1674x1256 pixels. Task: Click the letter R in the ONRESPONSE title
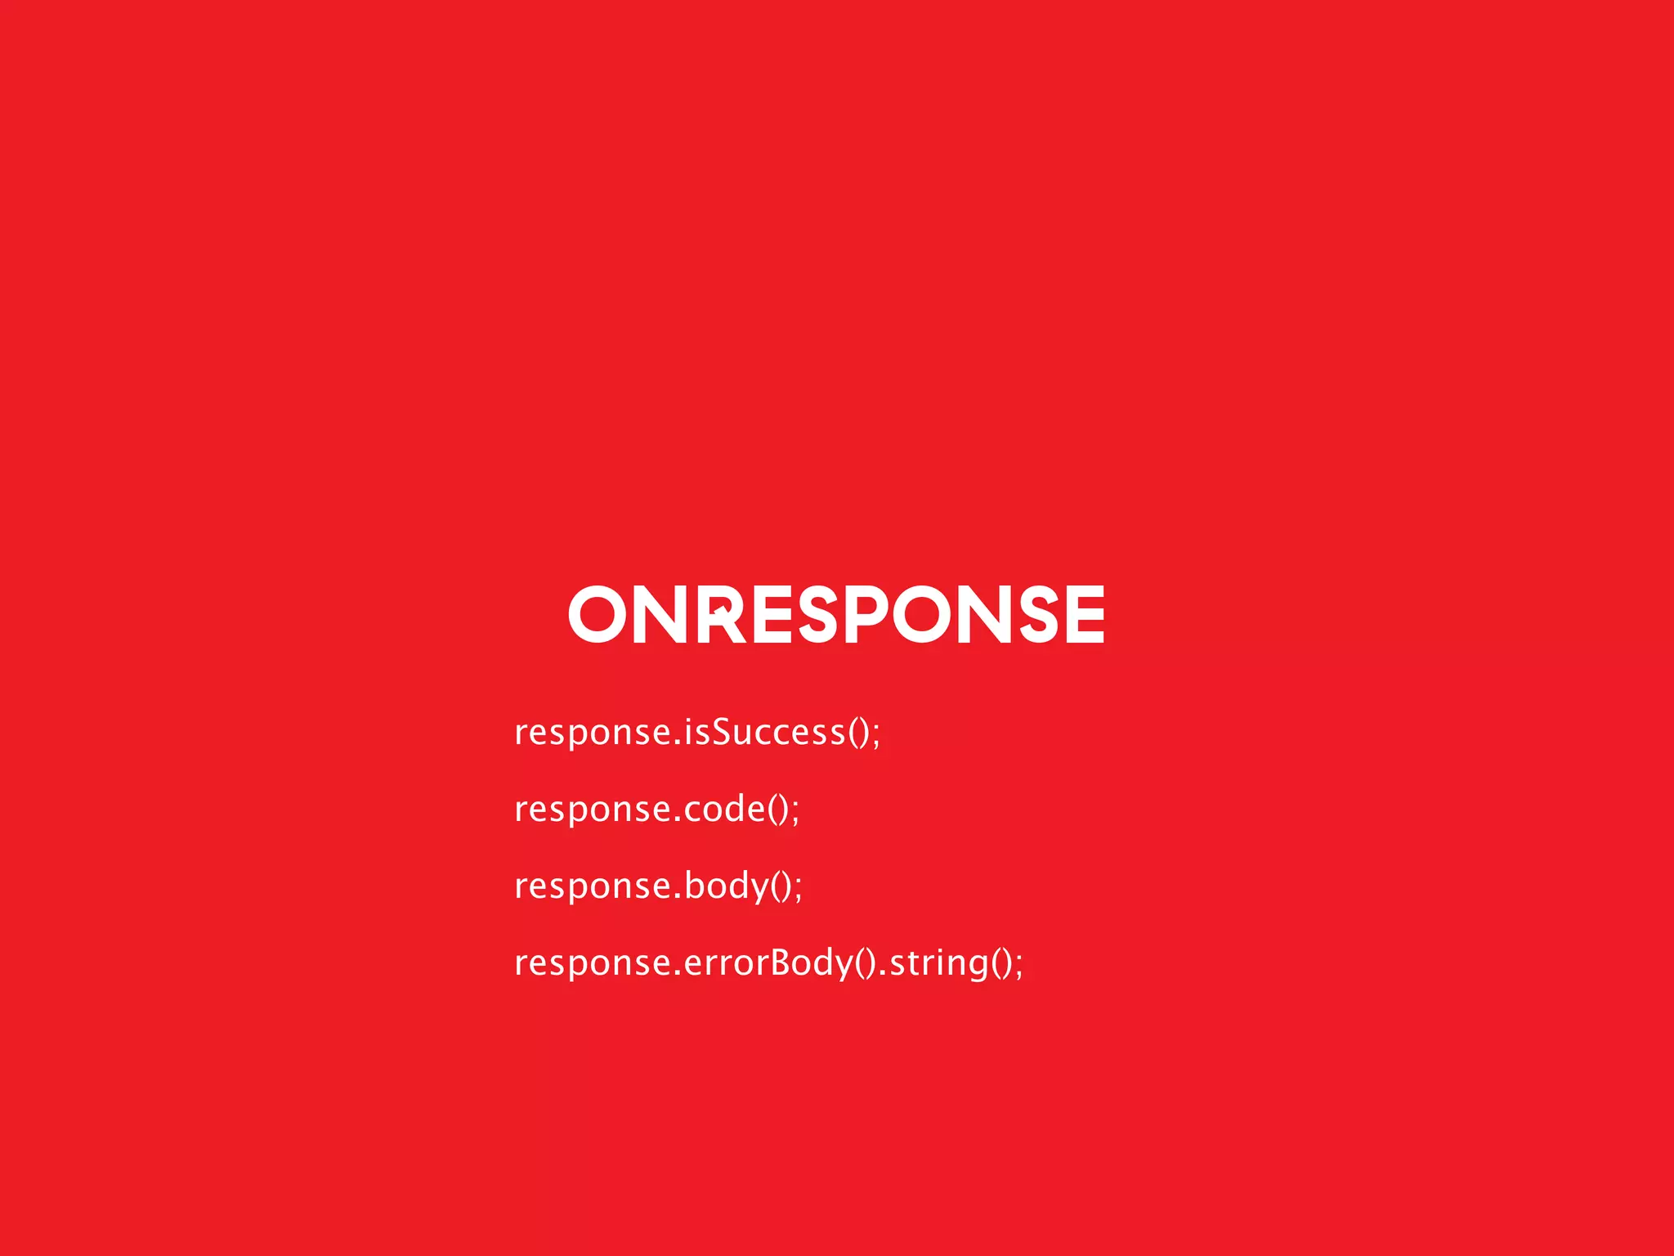click(722, 615)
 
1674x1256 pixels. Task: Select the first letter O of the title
click(597, 614)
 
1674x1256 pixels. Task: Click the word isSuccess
click(764, 731)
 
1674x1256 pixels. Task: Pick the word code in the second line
click(724, 809)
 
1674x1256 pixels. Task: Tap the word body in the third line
click(727, 886)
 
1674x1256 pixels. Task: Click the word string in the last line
click(938, 963)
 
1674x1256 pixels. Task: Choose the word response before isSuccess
click(593, 733)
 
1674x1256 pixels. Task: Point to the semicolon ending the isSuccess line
click(876, 734)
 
